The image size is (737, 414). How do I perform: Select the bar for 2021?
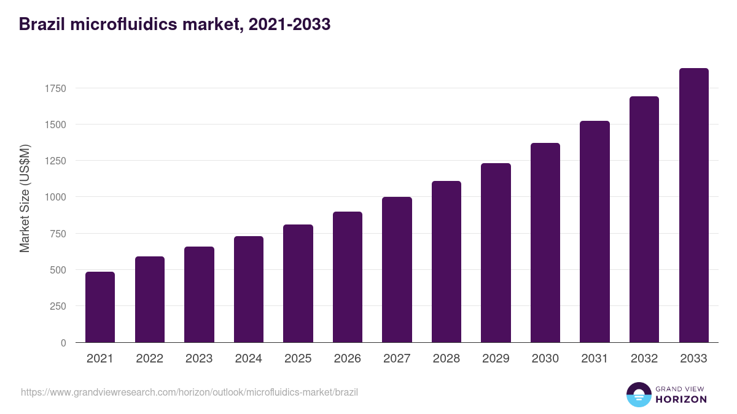click(100, 307)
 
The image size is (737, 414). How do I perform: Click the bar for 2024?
click(249, 289)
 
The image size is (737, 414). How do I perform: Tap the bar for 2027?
click(397, 269)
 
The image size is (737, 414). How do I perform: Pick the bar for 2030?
click(545, 242)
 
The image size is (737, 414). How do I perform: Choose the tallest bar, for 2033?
click(693, 205)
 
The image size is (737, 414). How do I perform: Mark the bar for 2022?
click(150, 299)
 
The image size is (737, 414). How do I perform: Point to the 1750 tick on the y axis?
click(55, 88)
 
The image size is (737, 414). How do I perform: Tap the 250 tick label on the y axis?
click(58, 306)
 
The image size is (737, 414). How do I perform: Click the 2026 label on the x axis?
click(348, 359)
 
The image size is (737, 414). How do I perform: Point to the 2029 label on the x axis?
click(496, 359)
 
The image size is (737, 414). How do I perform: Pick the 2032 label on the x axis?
click(644, 359)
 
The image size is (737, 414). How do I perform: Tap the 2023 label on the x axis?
click(199, 359)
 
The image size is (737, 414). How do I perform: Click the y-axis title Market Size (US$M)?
click(25, 198)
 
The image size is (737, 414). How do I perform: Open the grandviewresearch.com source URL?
click(189, 392)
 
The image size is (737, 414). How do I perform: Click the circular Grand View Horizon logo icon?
click(638, 395)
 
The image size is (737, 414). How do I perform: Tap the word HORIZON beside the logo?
click(680, 399)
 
